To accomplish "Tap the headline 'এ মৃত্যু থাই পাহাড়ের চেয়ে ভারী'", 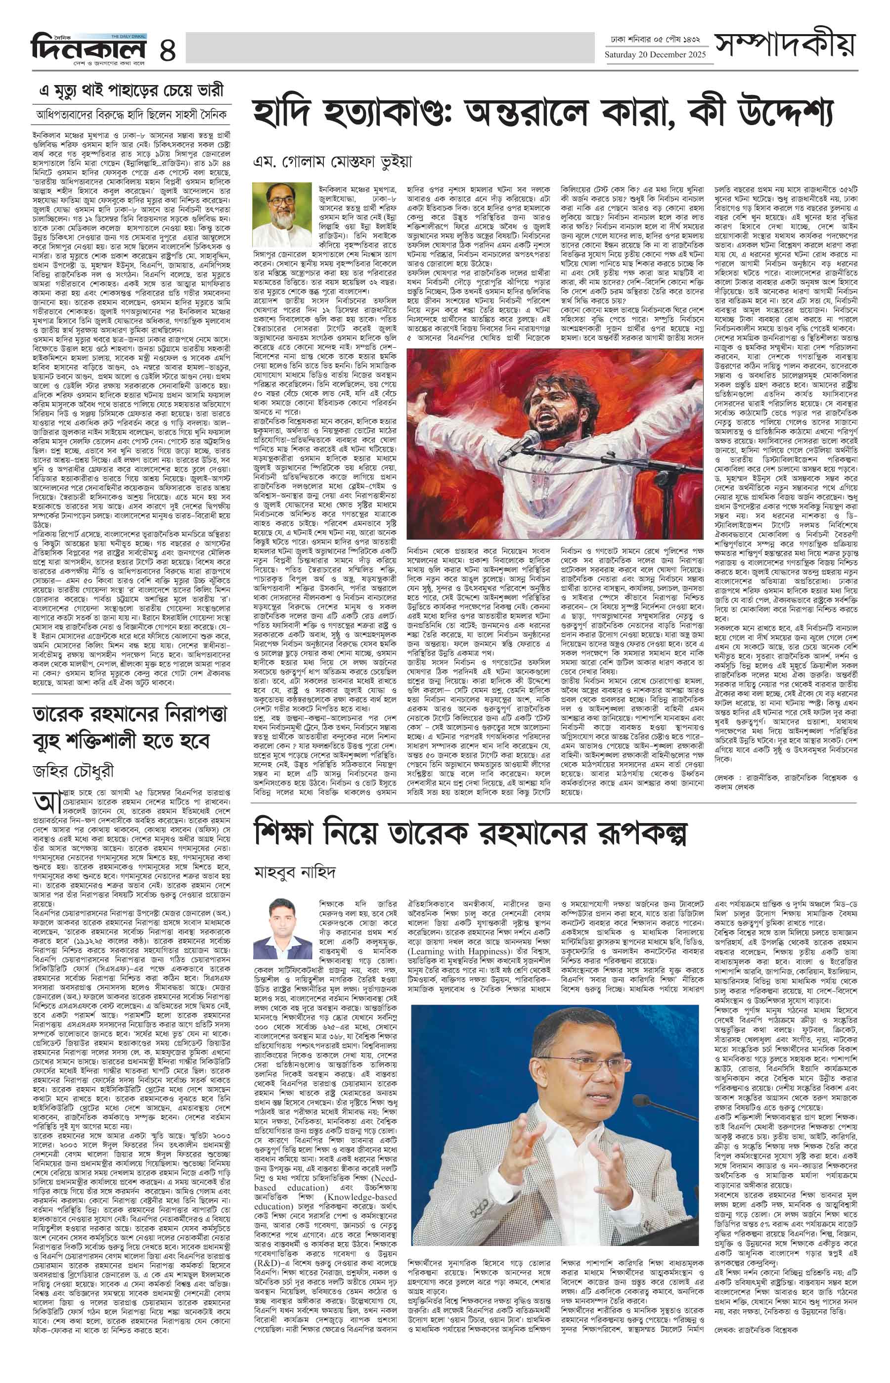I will [x=131, y=91].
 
